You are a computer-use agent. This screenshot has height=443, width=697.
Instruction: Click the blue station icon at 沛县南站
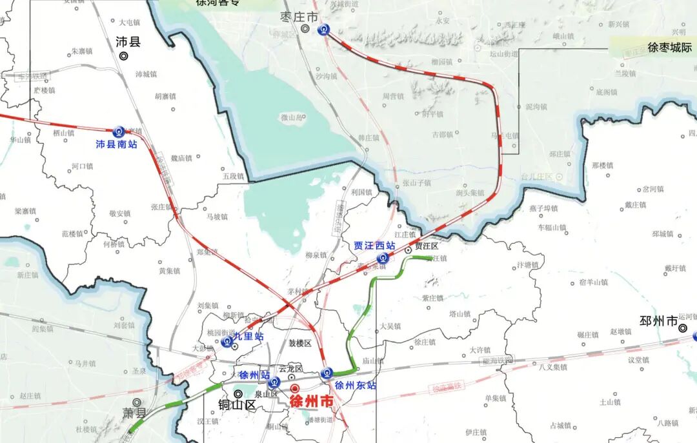point(119,132)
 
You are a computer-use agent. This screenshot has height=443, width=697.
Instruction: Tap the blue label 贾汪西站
point(374,246)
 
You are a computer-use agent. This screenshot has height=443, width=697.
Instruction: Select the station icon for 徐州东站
point(327,373)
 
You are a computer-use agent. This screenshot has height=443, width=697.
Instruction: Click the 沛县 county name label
point(128,42)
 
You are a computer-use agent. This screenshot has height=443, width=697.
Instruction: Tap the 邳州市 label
point(658,320)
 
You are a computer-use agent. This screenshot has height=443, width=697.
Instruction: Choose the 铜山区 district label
point(237,406)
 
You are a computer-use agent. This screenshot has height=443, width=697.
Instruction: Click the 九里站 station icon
point(227,341)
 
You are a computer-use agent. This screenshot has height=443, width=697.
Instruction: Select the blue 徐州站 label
point(254,375)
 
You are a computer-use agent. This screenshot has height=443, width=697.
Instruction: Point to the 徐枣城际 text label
point(669,48)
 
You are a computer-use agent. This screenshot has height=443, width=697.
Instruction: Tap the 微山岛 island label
point(292,117)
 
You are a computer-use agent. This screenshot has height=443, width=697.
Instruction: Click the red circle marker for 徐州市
point(295,389)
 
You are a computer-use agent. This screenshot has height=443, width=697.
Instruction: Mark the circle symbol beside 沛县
point(123,56)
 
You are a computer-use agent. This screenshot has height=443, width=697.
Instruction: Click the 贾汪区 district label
point(427,246)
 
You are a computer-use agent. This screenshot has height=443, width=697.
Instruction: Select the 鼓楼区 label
point(299,342)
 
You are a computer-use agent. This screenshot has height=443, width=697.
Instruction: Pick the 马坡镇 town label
point(217,217)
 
